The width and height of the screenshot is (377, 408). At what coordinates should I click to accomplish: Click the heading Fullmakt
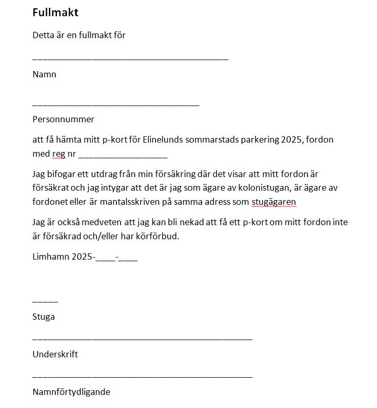55,13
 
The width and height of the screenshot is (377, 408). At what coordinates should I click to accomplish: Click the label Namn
44,74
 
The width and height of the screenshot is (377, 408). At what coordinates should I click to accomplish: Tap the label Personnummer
63,119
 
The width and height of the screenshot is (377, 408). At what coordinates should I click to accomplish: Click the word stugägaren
274,202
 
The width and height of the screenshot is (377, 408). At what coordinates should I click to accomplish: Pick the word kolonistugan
263,188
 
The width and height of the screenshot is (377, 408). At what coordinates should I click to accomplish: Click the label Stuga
43,317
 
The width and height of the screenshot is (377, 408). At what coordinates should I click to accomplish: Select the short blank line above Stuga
45,301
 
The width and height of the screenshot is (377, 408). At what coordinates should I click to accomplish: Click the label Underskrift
55,354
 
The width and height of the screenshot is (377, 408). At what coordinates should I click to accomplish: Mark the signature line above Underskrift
142,339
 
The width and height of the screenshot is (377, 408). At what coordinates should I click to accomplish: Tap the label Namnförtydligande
71,392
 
